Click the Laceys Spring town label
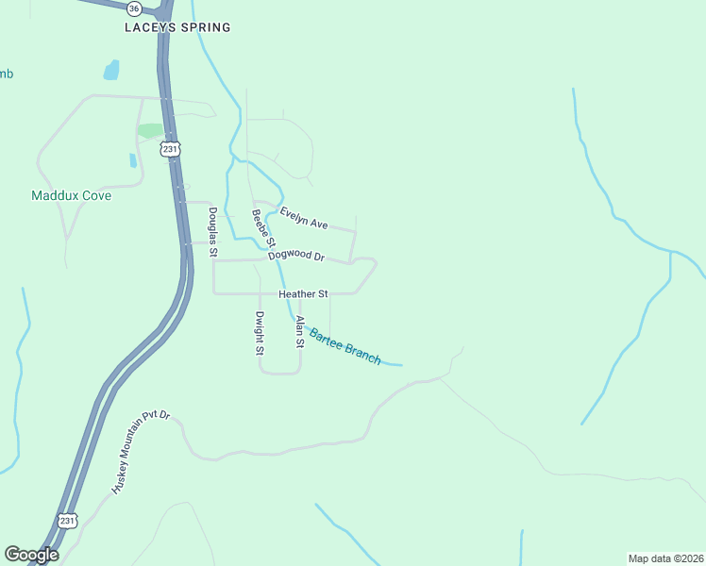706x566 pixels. click(177, 27)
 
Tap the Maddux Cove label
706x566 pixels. click(71, 196)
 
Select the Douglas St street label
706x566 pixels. click(213, 232)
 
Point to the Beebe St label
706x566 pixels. click(261, 228)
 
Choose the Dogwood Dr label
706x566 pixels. click(295, 256)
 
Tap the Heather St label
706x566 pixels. click(302, 294)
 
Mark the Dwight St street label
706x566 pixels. click(260, 333)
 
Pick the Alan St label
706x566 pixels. click(299, 332)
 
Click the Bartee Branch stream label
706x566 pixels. click(345, 346)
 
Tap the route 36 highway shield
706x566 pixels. click(134, 8)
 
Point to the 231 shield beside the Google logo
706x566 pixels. click(66, 521)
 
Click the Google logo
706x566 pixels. click(31, 555)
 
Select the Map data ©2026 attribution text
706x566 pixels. click(664, 558)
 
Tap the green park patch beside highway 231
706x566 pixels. click(150, 130)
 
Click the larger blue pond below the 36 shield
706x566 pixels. click(111, 70)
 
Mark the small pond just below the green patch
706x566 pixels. click(133, 160)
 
